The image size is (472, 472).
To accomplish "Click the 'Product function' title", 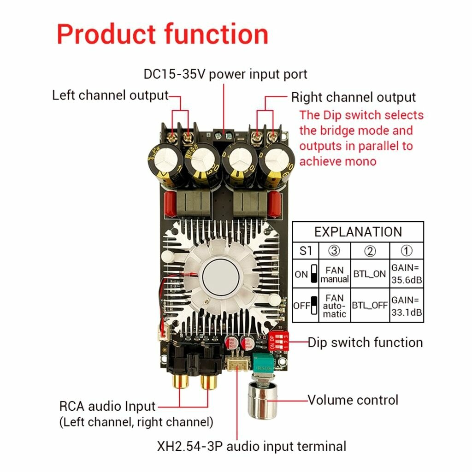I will (162, 35).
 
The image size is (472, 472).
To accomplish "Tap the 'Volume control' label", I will (353, 400).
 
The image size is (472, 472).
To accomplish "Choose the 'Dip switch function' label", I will (365, 342).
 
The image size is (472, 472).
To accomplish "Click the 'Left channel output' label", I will (110, 96).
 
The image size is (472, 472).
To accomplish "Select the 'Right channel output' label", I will (353, 98).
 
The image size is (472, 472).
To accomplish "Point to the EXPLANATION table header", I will (358, 231).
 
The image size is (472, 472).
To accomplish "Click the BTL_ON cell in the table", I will (370, 274).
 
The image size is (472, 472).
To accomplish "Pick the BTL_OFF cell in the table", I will (370, 305).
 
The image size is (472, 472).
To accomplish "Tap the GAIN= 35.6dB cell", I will (407, 274).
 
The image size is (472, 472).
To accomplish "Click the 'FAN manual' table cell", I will (335, 274).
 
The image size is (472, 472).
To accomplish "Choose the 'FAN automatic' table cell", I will (335, 305).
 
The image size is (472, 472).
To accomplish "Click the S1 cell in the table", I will (306, 251).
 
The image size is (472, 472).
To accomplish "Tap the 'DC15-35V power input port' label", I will (225, 74).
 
